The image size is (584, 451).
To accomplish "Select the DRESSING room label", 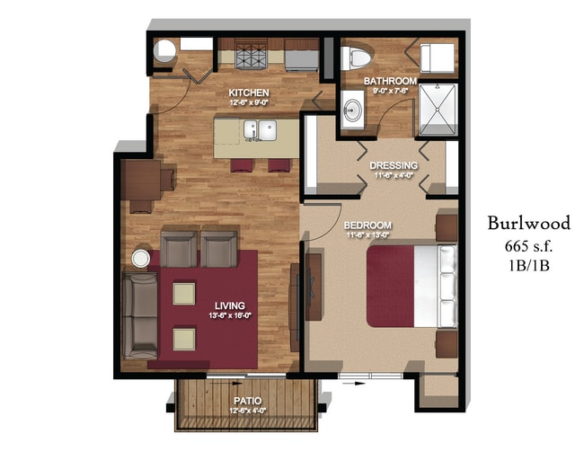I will [394, 165].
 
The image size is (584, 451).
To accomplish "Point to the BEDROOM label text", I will [367, 225].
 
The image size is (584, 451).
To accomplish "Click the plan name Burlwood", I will [529, 223].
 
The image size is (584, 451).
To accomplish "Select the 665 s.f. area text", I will [529, 244].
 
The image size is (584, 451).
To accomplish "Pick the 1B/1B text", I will [529, 265].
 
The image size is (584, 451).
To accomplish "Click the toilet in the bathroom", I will [358, 57].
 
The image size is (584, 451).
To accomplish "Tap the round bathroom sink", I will [353, 111].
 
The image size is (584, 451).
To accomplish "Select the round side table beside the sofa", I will [142, 259].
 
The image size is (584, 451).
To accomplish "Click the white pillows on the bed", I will [446, 286].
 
